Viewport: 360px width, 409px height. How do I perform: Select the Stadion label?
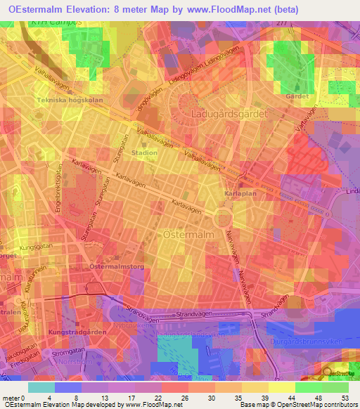pyautogui.click(x=144, y=151)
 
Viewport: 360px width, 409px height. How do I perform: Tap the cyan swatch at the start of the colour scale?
pyautogui.click(x=41, y=387)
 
